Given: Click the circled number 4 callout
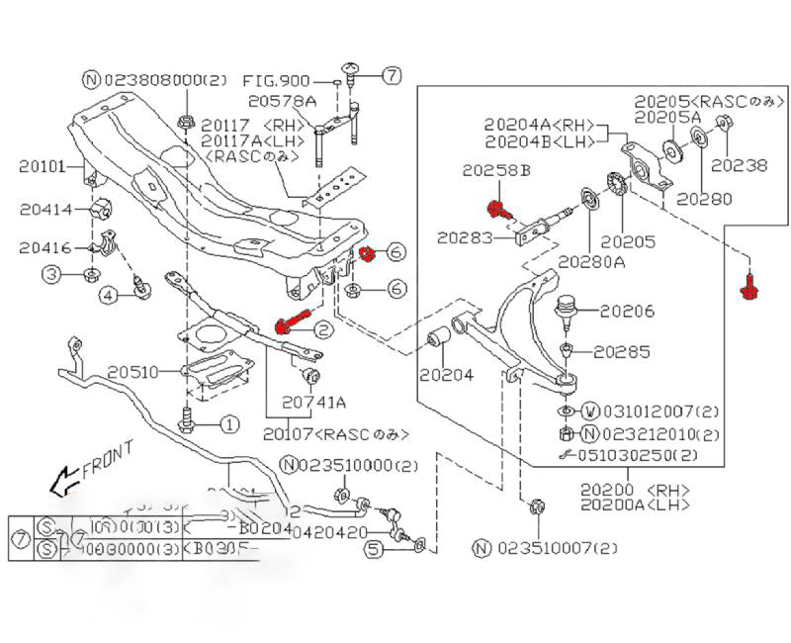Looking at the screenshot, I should click(107, 293).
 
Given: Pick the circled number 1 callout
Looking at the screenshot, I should click(228, 425).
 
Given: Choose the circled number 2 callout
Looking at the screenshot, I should click(322, 327).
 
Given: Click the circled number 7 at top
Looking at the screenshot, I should click(392, 74).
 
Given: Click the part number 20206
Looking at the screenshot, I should click(626, 312).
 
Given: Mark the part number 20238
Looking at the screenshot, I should click(739, 165).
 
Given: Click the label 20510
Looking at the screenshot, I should click(133, 372).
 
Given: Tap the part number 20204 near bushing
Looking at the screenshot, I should click(445, 375).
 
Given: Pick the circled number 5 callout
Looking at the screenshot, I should click(373, 548).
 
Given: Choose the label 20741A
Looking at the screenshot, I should click(314, 402).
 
